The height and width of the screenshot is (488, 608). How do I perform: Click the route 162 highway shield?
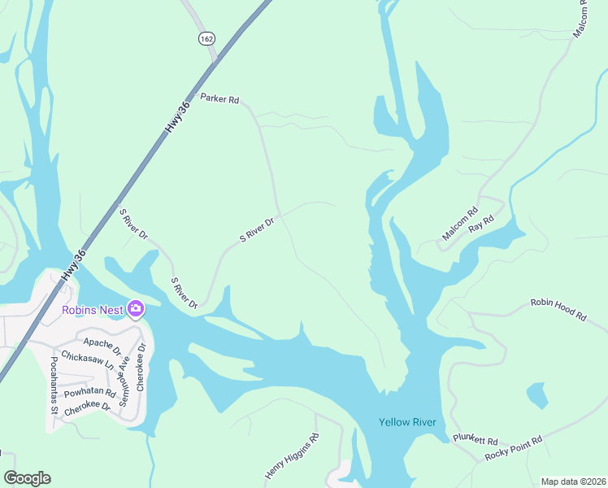206,38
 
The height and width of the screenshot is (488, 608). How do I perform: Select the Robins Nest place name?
93,309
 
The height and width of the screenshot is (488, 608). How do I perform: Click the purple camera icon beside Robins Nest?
135,308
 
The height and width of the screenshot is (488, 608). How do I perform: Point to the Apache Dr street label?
102,347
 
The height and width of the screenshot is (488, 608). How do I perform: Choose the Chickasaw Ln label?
87,362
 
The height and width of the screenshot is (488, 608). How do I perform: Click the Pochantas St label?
54,386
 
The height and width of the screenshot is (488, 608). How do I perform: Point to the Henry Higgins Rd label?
292,455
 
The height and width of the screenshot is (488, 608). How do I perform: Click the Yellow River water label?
407,422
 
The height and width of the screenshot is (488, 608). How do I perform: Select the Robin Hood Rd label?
558,310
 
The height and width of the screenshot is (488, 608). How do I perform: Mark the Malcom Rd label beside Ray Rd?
460,225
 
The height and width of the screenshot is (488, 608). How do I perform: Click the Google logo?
27,478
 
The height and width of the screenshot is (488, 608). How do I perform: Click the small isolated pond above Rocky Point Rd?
537,395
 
